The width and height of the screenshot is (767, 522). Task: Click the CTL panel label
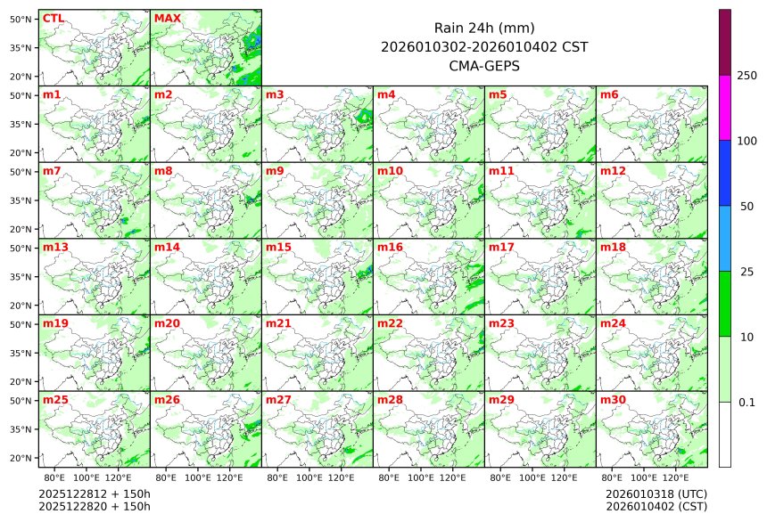53,18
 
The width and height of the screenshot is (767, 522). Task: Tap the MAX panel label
167,18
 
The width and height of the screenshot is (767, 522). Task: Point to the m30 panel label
613,400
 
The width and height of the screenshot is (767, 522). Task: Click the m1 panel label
52,94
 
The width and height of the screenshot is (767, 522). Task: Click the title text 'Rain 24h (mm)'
483,29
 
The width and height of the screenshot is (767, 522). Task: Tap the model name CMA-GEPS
483,66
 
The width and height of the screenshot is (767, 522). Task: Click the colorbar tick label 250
746,76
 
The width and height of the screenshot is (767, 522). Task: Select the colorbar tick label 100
746,141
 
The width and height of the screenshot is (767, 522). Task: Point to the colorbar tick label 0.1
746,403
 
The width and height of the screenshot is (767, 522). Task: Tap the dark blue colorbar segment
725,173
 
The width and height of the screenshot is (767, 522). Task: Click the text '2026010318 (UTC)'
656,493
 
